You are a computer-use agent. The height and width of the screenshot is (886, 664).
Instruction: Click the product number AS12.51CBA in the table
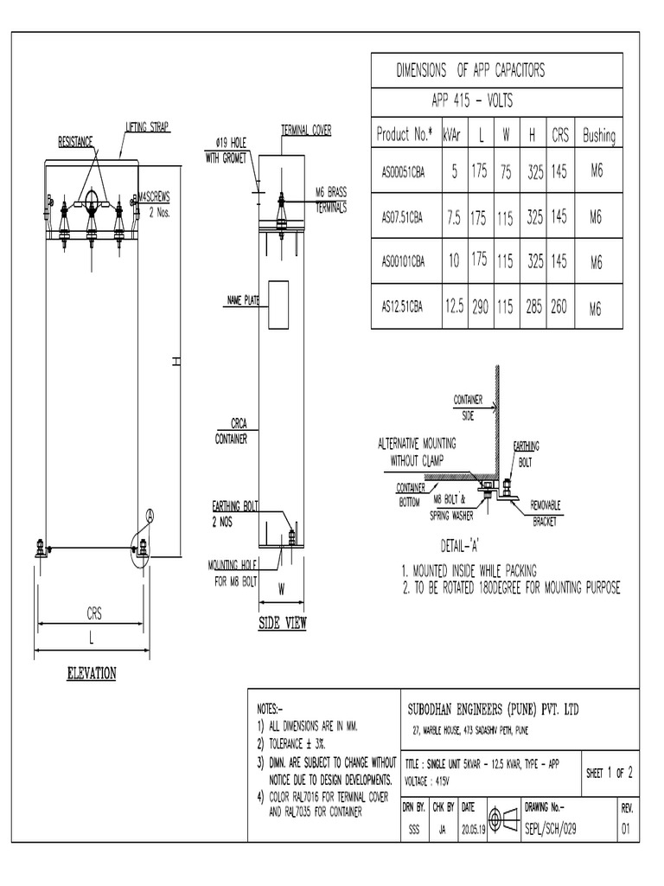403,306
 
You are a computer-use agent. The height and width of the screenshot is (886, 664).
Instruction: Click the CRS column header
559,135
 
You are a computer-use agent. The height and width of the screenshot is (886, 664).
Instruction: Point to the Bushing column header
598,135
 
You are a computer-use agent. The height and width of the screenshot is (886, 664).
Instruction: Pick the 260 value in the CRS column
559,305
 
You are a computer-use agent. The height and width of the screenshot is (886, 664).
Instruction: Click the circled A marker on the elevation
150,516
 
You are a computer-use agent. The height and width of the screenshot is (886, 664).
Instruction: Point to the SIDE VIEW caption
283,624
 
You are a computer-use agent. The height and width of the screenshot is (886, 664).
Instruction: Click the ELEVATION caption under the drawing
92,673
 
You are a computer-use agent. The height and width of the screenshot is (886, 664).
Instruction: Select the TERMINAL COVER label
307,130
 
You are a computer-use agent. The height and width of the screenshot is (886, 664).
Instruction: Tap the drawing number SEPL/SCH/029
551,828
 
